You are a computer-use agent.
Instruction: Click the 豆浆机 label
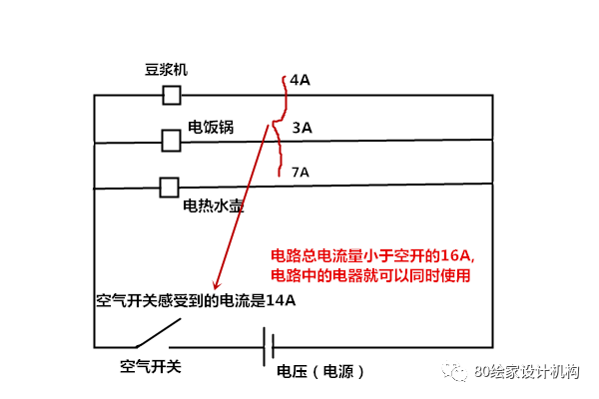[166, 70]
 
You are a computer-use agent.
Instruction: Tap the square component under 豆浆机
[172, 95]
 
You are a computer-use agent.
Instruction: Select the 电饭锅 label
[211, 127]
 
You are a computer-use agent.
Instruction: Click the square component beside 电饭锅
[171, 141]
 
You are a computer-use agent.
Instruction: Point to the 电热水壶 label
[214, 205]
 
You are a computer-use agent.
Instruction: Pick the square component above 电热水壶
[170, 188]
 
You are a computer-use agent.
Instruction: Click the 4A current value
[299, 80]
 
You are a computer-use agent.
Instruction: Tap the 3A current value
[302, 128]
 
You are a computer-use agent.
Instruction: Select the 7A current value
[300, 173]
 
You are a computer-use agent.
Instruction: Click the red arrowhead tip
[216, 289]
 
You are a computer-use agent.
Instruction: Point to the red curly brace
[280, 126]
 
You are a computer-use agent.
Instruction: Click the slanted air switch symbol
[158, 333]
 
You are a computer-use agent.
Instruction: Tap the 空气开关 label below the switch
[151, 366]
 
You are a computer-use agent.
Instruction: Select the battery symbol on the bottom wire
[269, 347]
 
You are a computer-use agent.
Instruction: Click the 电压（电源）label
[320, 371]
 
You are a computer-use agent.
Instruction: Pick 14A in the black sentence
[281, 300]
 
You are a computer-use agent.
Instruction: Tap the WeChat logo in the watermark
[454, 371]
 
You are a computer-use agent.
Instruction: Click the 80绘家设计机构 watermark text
[527, 371]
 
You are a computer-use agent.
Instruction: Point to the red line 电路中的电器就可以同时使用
[370, 275]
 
